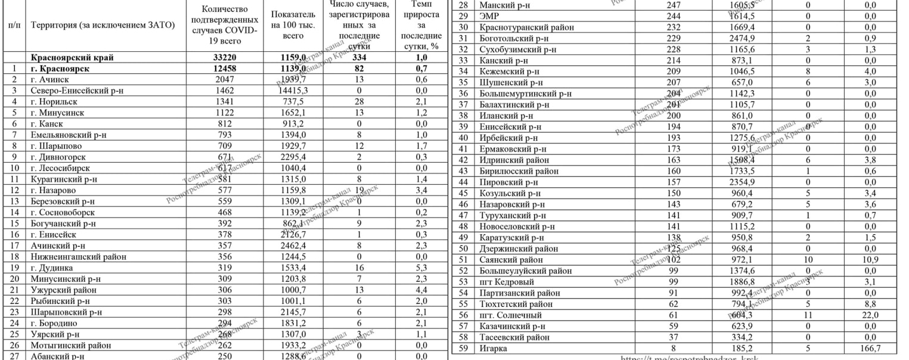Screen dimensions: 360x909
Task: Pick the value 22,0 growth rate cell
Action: click(x=870, y=315)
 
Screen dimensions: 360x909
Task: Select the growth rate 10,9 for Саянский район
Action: click(x=870, y=260)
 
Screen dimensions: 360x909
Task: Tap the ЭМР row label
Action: click(x=489, y=17)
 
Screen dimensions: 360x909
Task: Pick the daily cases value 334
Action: click(x=359, y=58)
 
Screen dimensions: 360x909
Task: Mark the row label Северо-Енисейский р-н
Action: click(x=76, y=91)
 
